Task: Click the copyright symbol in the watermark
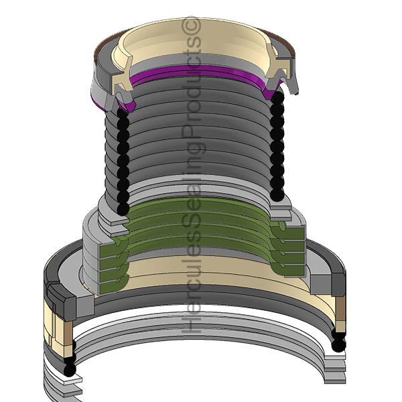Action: pyautogui.click(x=191, y=25)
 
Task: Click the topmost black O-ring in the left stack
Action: pyautogui.click(x=123, y=113)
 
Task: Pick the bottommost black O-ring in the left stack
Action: pyautogui.click(x=123, y=208)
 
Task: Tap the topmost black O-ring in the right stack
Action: pyautogui.click(x=277, y=98)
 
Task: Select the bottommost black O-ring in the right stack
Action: pyautogui.click(x=277, y=195)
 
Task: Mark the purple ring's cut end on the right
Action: pyautogui.click(x=271, y=90)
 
